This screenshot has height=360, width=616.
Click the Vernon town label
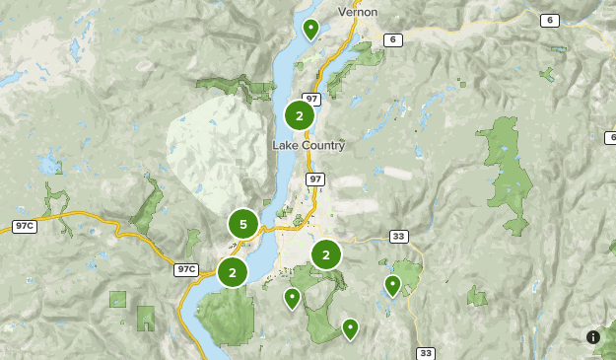point(358,12)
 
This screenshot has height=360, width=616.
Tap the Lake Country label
point(308,145)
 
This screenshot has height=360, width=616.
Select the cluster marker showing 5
point(243,224)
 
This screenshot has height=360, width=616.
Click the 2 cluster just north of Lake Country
point(300,115)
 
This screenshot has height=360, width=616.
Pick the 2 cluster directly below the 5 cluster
point(233,271)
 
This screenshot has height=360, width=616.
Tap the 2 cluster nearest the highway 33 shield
point(326,254)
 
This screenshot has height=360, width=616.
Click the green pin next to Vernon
point(310,29)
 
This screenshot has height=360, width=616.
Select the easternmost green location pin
point(392,285)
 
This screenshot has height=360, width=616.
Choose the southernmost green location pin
point(350,327)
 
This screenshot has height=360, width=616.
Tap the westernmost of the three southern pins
point(292,297)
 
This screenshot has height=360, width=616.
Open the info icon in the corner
point(593,337)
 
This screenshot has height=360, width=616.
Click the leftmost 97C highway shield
point(24,226)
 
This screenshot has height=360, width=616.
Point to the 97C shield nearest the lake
point(186,269)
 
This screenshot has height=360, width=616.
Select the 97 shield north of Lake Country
point(311,99)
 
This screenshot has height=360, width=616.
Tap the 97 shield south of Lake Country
point(315,179)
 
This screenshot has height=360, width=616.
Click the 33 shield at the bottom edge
point(426,353)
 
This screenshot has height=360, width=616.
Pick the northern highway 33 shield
point(399,236)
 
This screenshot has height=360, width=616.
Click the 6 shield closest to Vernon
point(393,39)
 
